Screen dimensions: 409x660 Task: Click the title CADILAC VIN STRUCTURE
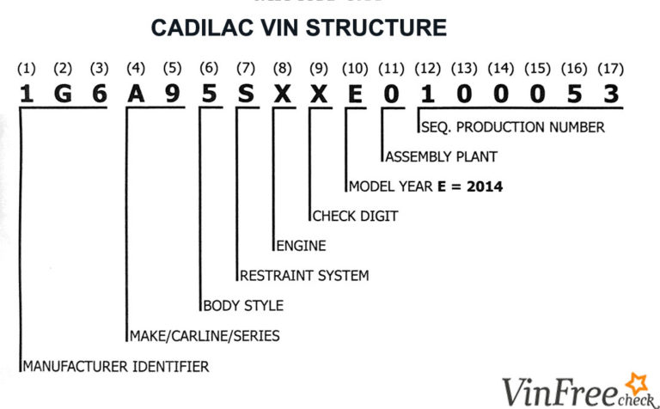pos(299,27)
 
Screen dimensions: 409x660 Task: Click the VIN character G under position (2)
pos(63,95)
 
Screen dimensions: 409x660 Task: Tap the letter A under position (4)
pos(136,95)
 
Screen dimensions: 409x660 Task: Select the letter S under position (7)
pos(246,95)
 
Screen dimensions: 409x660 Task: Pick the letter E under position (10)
pos(355,95)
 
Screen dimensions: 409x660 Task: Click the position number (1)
pos(27,68)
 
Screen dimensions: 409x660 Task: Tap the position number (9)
pos(319,68)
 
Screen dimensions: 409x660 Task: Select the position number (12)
pos(428,68)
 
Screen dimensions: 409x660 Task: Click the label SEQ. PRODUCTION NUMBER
pos(513,127)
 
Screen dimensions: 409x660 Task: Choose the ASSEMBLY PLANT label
pos(441,157)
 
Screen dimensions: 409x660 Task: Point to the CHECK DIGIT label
pos(355,217)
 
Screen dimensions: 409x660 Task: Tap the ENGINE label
pos(301,246)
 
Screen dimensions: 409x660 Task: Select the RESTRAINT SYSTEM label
pos(303,276)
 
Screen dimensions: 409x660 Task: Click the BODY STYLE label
pos(243,305)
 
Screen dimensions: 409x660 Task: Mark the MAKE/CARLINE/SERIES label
pos(204,336)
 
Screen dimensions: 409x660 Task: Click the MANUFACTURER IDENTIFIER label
pos(115,366)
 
